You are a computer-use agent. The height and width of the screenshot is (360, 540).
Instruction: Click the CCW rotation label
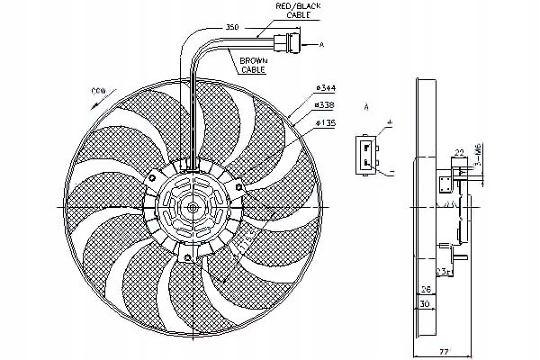(x=99, y=92)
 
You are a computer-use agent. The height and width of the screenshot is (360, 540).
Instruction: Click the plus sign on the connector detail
(x=390, y=121)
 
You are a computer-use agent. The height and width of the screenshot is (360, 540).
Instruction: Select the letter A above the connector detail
(x=367, y=106)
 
